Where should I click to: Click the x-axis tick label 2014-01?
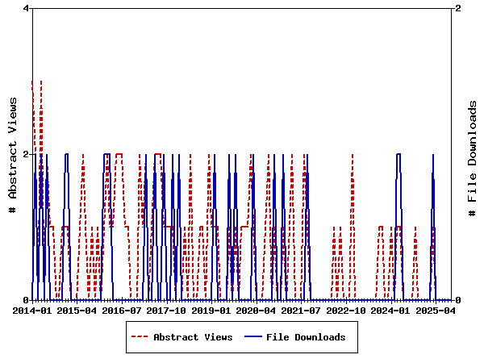pos(33,310)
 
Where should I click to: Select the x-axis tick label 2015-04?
pos(78,310)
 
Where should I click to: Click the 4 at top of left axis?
pos(27,8)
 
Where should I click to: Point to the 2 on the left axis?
pos(27,154)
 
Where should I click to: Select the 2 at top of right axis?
pos(458,8)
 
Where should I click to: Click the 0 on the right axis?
pos(458,300)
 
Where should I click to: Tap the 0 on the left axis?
pos(27,300)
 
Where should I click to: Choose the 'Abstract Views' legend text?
pos(193,337)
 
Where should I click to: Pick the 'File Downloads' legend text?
pos(306,337)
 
